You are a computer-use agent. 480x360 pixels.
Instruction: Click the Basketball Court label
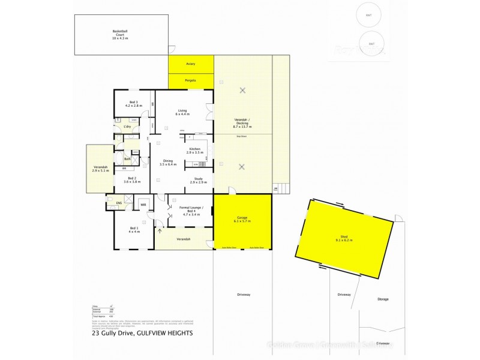coord(120,34)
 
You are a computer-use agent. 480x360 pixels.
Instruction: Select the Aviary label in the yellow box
coord(191,63)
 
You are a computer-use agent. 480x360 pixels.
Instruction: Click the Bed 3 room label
coord(132,104)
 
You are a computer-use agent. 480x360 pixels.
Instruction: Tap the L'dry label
coord(127,127)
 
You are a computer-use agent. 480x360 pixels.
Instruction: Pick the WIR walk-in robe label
coord(143,205)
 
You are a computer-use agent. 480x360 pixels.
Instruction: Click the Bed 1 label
coord(134,229)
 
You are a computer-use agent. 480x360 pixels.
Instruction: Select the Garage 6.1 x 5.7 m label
coord(242,220)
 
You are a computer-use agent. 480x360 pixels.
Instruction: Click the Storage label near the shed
coord(383,299)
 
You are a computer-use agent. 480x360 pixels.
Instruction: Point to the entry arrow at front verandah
coord(160,230)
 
